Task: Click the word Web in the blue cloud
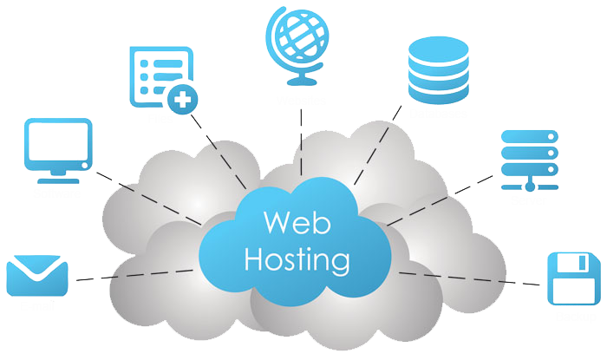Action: point(297,222)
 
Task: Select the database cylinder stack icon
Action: point(438,70)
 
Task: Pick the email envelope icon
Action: point(37,275)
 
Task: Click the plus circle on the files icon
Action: point(182,100)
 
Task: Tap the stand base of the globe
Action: point(302,82)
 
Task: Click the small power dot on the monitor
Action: point(84,166)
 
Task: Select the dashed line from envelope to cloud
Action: point(134,275)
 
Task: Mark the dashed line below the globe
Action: point(301,142)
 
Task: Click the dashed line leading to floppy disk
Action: point(469,278)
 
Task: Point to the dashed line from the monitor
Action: point(148,198)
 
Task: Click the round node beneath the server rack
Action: point(530,187)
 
